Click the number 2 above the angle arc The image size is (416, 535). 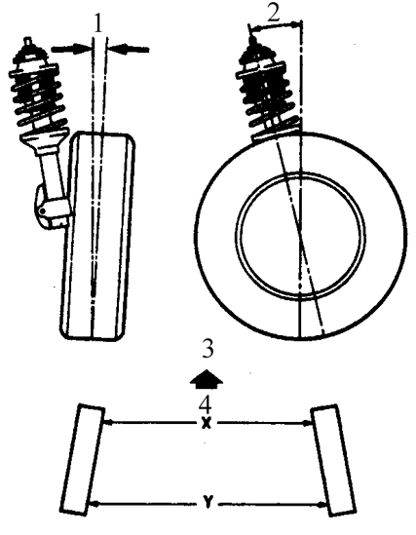[x=274, y=14]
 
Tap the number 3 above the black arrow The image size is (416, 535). [x=208, y=349]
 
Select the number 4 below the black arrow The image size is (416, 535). [x=206, y=404]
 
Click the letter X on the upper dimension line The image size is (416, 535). [x=206, y=423]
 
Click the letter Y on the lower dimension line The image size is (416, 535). [x=207, y=503]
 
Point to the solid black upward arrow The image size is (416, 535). [x=207, y=379]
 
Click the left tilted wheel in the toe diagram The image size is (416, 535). [x=83, y=459]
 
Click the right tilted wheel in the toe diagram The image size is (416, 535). [x=334, y=460]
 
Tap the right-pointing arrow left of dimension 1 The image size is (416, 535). [x=70, y=49]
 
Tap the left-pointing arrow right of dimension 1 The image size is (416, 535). [x=129, y=50]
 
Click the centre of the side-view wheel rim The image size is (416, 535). [x=300, y=236]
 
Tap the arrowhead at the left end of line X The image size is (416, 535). [x=106, y=423]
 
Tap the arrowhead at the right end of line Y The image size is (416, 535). [x=321, y=504]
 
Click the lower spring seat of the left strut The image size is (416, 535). [x=45, y=139]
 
